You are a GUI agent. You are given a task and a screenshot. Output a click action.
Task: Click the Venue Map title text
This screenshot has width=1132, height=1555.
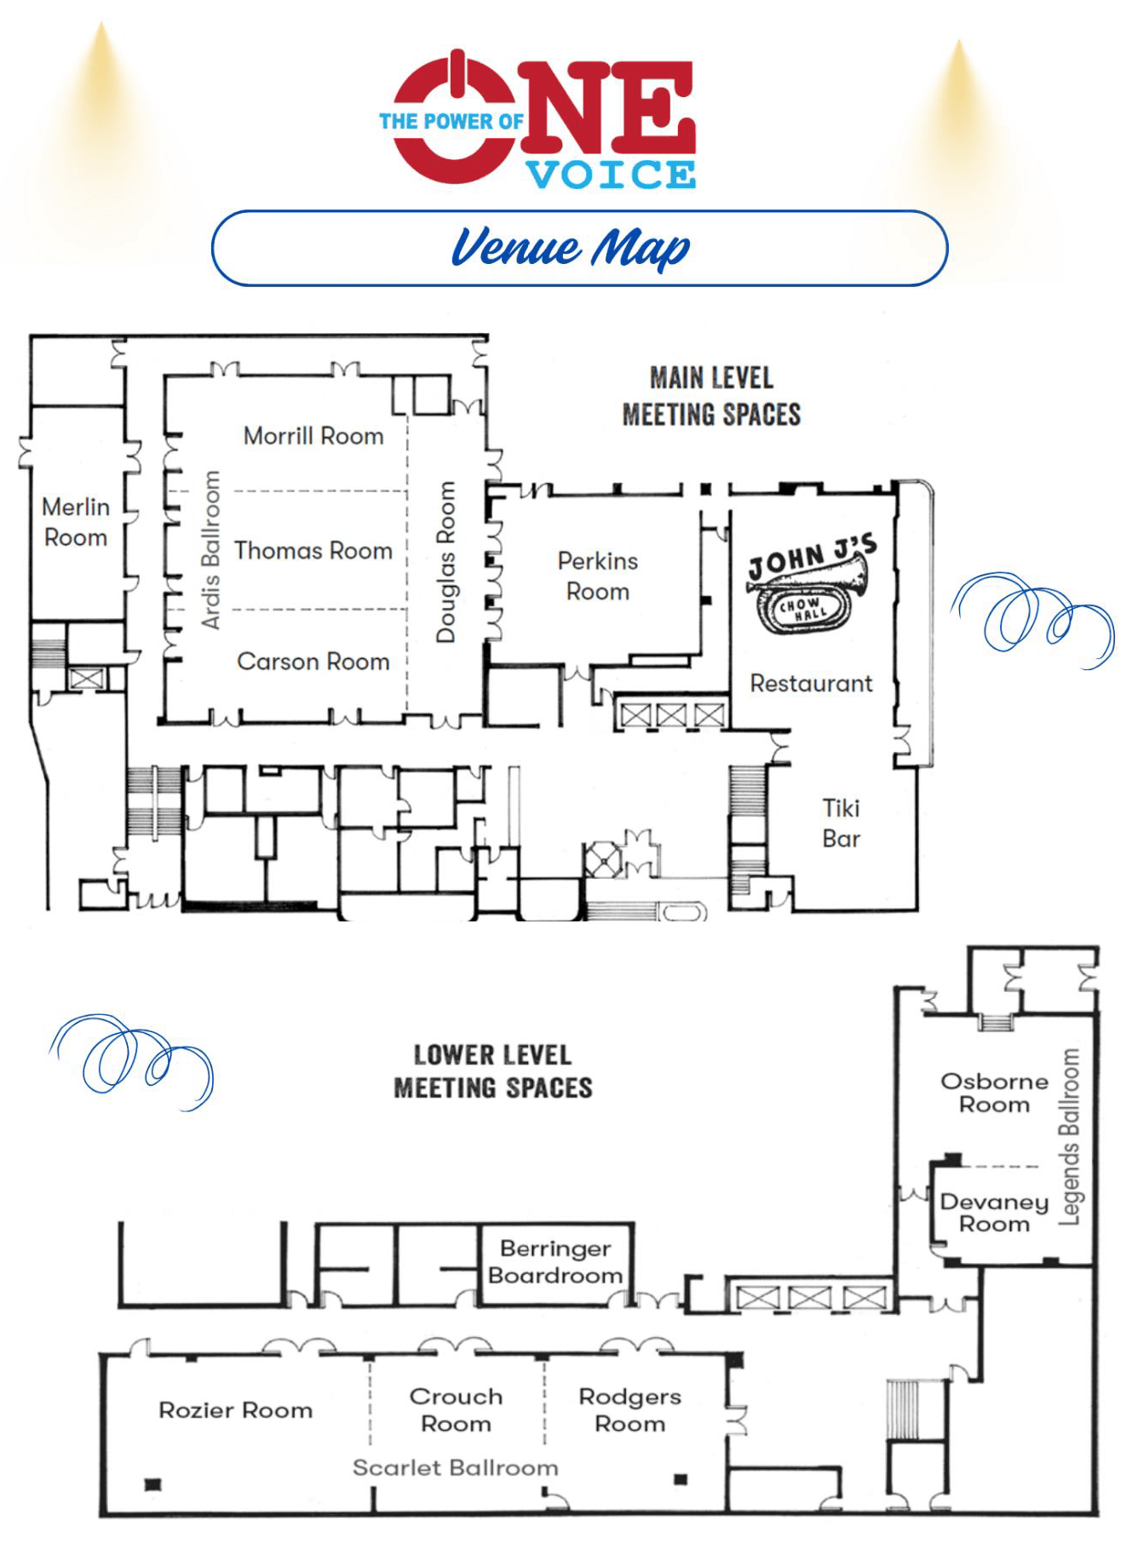[571, 248]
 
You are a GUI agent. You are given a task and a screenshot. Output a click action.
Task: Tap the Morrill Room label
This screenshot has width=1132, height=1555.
[313, 436]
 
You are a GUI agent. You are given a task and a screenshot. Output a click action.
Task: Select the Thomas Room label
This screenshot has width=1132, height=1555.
[313, 551]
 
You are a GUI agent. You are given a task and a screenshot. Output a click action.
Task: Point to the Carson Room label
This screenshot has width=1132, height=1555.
[313, 662]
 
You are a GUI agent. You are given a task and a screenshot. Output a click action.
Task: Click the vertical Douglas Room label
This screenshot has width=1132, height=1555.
[446, 562]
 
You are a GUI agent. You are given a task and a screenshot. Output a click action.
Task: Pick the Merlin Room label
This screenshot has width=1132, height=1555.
[76, 522]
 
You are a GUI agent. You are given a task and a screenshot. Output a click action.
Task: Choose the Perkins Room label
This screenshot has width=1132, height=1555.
[598, 577]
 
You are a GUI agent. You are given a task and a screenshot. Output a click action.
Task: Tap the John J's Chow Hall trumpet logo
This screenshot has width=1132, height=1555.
[810, 585]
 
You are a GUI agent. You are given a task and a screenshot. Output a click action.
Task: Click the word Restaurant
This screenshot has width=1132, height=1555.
[811, 683]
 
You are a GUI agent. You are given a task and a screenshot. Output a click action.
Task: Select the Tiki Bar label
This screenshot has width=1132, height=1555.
[842, 823]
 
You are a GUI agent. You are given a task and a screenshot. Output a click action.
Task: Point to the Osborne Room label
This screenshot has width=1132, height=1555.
[994, 1093]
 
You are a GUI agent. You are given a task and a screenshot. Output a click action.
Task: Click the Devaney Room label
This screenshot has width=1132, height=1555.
[994, 1213]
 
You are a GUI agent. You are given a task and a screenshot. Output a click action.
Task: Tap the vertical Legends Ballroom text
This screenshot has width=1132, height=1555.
[1069, 1137]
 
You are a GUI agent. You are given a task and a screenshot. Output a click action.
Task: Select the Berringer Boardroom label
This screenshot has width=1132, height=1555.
[555, 1262]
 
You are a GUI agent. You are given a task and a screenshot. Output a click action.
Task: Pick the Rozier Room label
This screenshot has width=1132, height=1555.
[236, 1410]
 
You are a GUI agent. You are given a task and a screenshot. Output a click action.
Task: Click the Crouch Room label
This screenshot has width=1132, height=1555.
[456, 1410]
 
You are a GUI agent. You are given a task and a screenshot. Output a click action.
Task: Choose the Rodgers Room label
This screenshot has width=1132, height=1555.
[630, 1410]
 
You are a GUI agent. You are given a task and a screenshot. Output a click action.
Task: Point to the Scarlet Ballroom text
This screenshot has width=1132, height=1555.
[456, 1467]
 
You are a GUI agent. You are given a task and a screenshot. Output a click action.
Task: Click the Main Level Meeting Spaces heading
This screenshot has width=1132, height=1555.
[712, 396]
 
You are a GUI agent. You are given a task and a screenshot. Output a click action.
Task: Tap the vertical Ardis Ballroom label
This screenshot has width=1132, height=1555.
[210, 550]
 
